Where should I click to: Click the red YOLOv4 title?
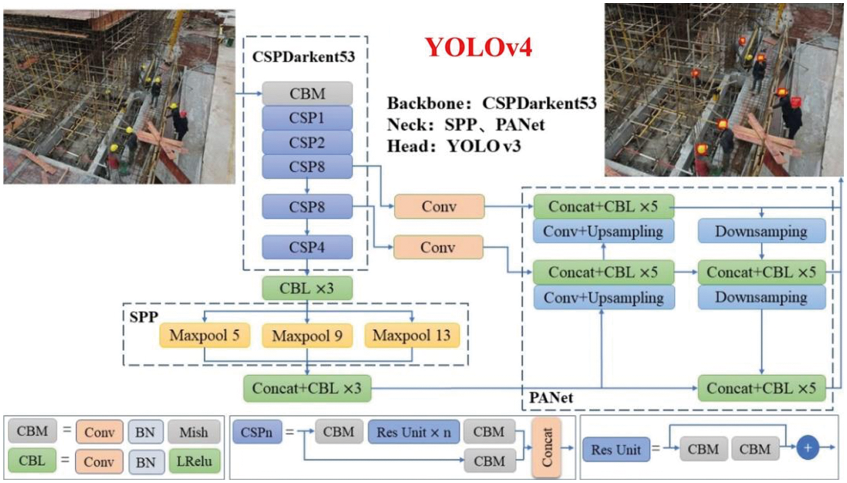[x=478, y=47]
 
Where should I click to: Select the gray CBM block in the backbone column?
[x=307, y=93]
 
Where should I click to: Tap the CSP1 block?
[x=307, y=118]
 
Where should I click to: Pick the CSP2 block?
[x=307, y=142]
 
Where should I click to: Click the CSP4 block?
[x=307, y=247]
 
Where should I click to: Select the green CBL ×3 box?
[x=307, y=288]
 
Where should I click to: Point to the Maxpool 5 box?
[x=204, y=336]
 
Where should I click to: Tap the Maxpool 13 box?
[x=412, y=336]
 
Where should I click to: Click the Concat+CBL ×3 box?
[x=307, y=388]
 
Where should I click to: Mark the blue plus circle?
[x=807, y=448]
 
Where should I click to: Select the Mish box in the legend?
[x=194, y=432]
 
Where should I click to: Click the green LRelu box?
[x=194, y=461]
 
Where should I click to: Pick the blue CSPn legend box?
[x=256, y=432]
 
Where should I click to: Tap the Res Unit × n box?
[x=413, y=432]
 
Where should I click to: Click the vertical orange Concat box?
[x=546, y=447]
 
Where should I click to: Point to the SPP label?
[x=143, y=317]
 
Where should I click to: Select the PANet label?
[x=551, y=398]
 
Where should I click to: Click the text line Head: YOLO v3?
[x=453, y=146]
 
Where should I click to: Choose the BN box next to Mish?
[x=145, y=432]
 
